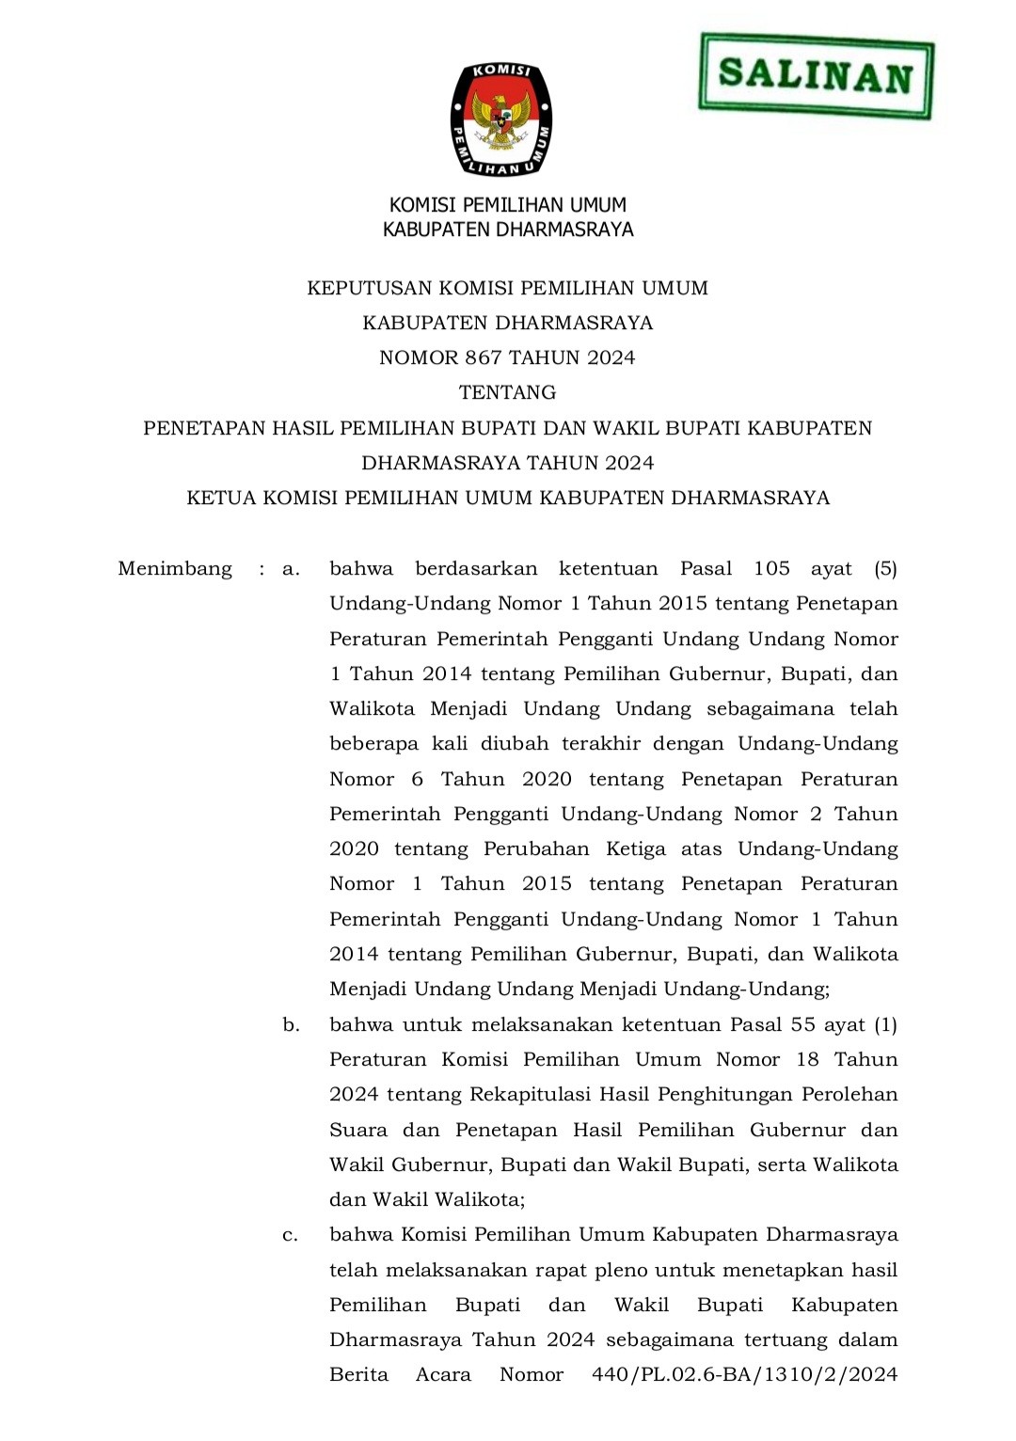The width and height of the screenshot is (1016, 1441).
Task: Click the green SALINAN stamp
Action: (816, 75)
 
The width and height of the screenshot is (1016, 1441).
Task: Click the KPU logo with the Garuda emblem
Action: (501, 119)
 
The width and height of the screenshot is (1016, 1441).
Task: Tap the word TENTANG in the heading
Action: (507, 392)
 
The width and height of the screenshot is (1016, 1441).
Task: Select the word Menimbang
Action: (175, 569)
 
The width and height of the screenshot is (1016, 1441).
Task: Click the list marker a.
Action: (291, 569)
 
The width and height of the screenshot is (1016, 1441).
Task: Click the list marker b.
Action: (291, 1025)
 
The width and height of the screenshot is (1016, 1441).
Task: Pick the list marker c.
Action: (290, 1235)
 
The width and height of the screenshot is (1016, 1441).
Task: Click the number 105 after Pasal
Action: (771, 569)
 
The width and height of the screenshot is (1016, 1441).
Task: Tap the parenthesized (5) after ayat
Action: (885, 569)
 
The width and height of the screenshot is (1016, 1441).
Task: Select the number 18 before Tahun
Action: (807, 1060)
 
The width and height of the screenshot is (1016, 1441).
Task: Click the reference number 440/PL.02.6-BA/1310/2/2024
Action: (744, 1375)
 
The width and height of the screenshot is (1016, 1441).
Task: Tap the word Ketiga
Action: (635, 849)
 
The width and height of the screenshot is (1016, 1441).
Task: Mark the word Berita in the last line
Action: (358, 1375)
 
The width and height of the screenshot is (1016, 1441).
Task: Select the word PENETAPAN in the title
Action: (204, 428)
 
